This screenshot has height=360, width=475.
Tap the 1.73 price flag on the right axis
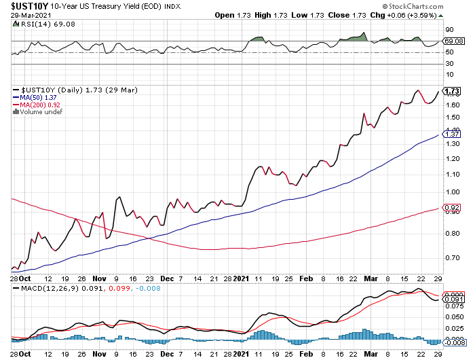click(x=452, y=90)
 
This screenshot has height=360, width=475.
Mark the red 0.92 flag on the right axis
click(x=452, y=209)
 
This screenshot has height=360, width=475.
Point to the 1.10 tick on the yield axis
click(x=451, y=174)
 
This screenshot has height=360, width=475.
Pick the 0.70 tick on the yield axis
click(x=451, y=258)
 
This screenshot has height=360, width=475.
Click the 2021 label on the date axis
click(x=243, y=278)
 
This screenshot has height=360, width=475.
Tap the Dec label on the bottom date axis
click(x=166, y=278)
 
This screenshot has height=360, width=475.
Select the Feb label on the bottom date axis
click(x=305, y=278)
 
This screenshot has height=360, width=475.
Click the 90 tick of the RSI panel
click(x=449, y=30)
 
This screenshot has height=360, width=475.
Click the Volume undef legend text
click(x=40, y=112)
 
